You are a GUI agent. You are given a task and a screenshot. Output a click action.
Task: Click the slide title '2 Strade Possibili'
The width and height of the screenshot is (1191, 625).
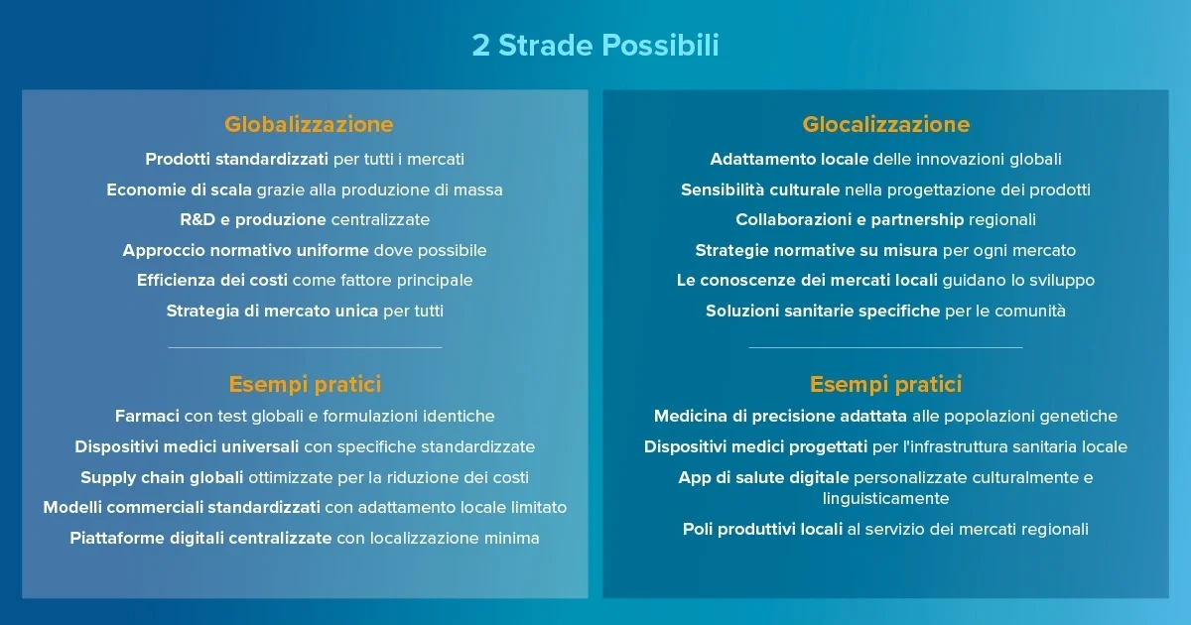point(595,46)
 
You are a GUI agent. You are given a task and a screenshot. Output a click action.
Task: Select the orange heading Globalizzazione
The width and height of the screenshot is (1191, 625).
point(309,124)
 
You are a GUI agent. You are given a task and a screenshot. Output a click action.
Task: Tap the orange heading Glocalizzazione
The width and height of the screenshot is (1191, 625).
point(885,124)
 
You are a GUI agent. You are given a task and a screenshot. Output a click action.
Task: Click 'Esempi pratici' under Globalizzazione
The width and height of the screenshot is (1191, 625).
point(305,384)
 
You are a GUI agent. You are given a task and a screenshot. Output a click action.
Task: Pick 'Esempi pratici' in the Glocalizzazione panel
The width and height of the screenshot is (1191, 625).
point(885,384)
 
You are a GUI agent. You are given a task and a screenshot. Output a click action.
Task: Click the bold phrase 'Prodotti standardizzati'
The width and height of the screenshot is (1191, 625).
point(236,159)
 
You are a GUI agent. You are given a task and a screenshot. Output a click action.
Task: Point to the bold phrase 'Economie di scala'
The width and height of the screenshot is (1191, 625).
point(179,189)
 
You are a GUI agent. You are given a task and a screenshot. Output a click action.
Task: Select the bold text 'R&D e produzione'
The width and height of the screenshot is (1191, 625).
point(252,219)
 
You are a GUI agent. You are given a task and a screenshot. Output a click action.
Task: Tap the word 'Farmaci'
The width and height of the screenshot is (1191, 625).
point(146,417)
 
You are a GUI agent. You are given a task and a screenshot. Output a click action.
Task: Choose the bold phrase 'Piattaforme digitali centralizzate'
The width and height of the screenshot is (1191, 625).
point(200,539)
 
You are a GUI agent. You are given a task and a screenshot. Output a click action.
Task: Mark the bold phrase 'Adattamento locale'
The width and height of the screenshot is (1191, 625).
point(789,159)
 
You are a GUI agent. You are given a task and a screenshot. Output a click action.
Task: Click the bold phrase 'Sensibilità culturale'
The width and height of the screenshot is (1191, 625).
point(760,189)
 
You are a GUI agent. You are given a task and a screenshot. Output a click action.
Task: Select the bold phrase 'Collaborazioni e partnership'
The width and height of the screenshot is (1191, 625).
point(850,219)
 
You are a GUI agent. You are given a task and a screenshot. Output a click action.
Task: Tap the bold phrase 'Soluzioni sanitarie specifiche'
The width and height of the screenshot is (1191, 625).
point(823,311)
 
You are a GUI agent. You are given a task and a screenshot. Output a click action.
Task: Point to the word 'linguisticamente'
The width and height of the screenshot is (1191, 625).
point(885,498)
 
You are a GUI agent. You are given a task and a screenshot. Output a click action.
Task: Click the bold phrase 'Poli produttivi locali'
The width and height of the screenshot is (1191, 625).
point(762,529)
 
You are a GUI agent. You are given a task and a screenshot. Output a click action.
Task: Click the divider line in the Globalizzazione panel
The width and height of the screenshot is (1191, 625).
point(305,347)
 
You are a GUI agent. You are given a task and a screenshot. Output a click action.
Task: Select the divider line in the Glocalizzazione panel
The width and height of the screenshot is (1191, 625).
point(885,347)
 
